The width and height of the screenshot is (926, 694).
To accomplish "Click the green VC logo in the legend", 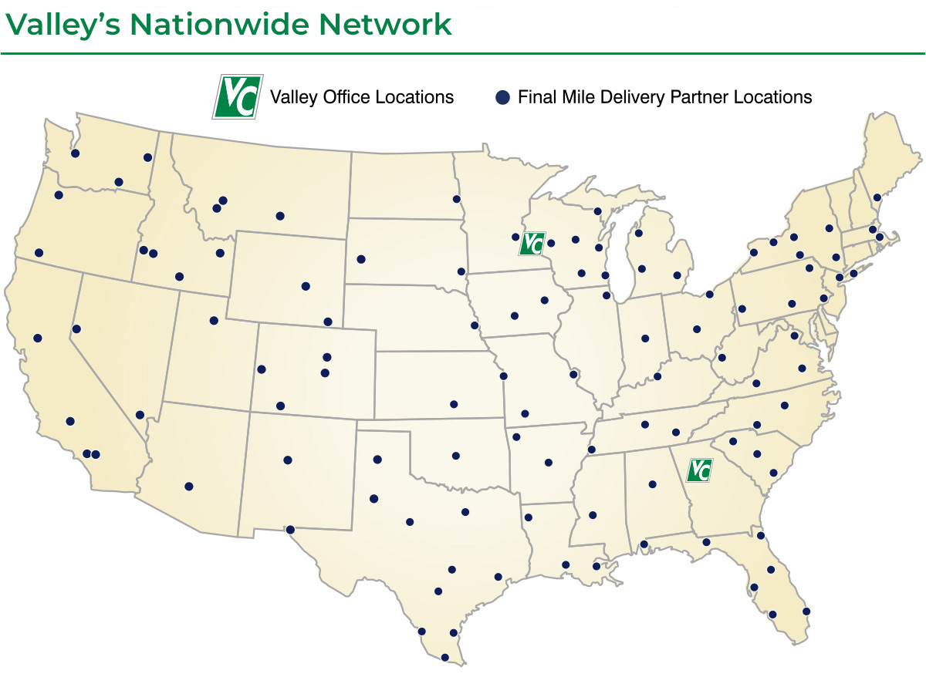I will [238, 97].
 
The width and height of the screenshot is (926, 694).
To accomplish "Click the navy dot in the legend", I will [502, 97].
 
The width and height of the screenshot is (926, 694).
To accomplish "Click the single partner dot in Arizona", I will [188, 486].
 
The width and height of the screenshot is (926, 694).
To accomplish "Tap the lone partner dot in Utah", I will [214, 321].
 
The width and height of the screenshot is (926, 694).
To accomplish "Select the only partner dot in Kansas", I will [454, 404].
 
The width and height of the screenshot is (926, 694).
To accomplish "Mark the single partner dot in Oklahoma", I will [455, 456].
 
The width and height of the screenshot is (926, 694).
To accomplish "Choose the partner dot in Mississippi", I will [593, 515].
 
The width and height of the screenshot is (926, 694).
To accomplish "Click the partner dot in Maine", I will [877, 197].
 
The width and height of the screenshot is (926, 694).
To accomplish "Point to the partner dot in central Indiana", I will [644, 338].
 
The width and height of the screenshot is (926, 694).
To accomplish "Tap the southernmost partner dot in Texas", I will [444, 658].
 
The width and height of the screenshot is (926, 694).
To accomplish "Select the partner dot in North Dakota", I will [456, 199].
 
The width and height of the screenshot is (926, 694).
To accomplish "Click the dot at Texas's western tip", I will [290, 530].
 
